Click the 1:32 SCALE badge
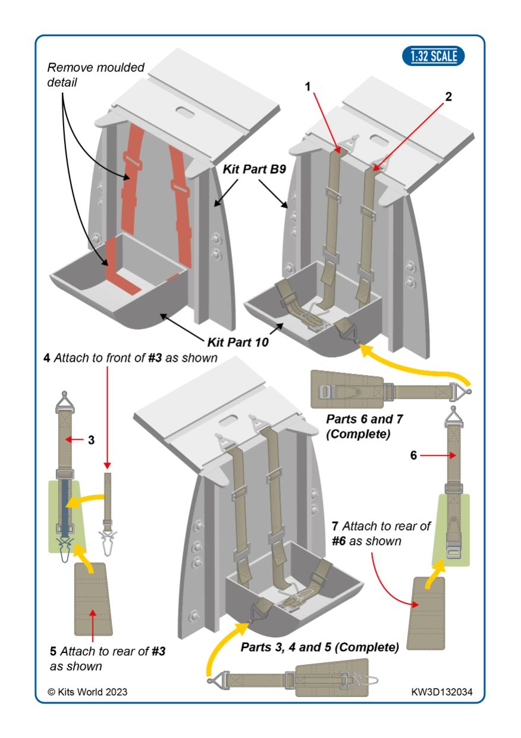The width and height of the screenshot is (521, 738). [x=434, y=57]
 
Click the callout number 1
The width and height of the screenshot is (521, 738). [x=308, y=87]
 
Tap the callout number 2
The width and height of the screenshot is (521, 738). [x=448, y=97]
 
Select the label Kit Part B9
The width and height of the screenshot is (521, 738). [x=254, y=169]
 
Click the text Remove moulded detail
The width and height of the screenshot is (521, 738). [x=95, y=74]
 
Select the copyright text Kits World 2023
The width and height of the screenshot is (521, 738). [x=87, y=692]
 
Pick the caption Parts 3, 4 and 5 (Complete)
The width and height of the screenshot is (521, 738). [x=319, y=647]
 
